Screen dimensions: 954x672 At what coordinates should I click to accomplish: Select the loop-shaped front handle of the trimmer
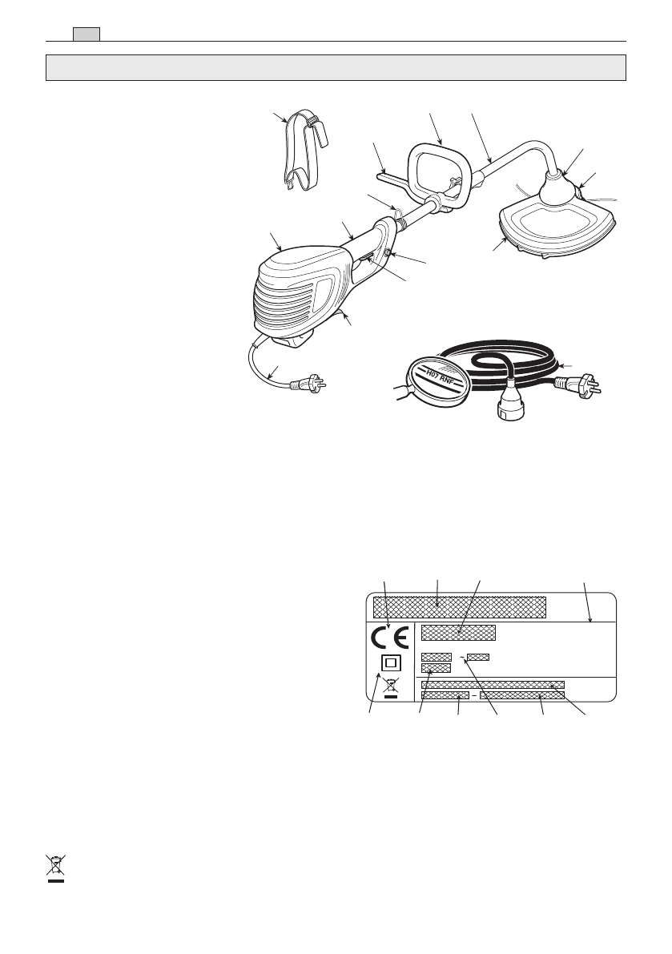pyautogui.click(x=438, y=169)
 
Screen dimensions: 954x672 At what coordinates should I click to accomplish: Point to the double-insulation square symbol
pyautogui.click(x=390, y=664)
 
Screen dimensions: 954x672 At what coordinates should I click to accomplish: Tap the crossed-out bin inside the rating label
pyautogui.click(x=390, y=687)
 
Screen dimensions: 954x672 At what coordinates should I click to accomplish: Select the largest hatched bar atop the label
pyautogui.click(x=460, y=606)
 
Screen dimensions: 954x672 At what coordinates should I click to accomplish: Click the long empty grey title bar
pyautogui.click(x=335, y=67)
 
